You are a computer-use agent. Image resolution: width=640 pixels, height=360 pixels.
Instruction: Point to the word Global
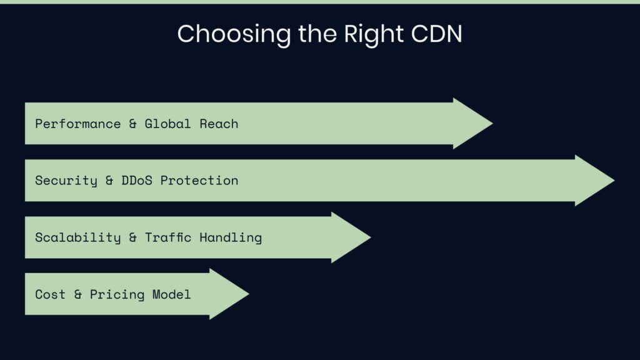click(167, 124)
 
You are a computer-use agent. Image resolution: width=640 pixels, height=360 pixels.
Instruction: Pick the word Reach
click(219, 124)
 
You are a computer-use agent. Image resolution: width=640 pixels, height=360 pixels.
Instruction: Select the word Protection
click(199, 181)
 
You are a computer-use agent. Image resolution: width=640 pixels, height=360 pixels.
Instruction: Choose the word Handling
click(231, 237)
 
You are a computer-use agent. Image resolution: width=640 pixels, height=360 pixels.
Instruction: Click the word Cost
click(50, 294)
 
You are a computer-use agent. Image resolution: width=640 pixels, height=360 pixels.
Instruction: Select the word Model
click(171, 294)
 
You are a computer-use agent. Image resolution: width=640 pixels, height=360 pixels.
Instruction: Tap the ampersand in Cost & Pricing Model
click(77, 294)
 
